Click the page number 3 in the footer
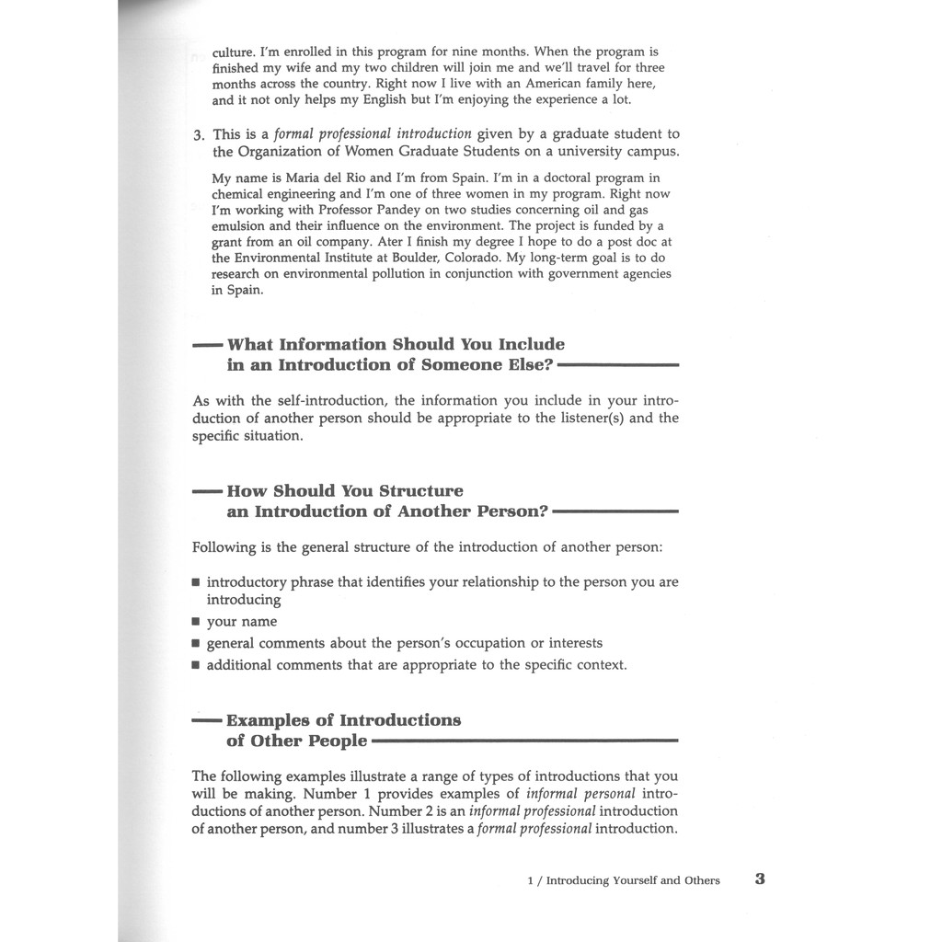(x=760, y=879)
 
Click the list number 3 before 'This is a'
(x=198, y=135)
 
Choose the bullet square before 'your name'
(x=196, y=622)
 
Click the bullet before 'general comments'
(x=196, y=644)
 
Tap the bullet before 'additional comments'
(x=196, y=665)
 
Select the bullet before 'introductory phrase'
(x=196, y=583)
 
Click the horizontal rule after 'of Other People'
(x=524, y=741)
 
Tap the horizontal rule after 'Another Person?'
(x=615, y=511)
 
